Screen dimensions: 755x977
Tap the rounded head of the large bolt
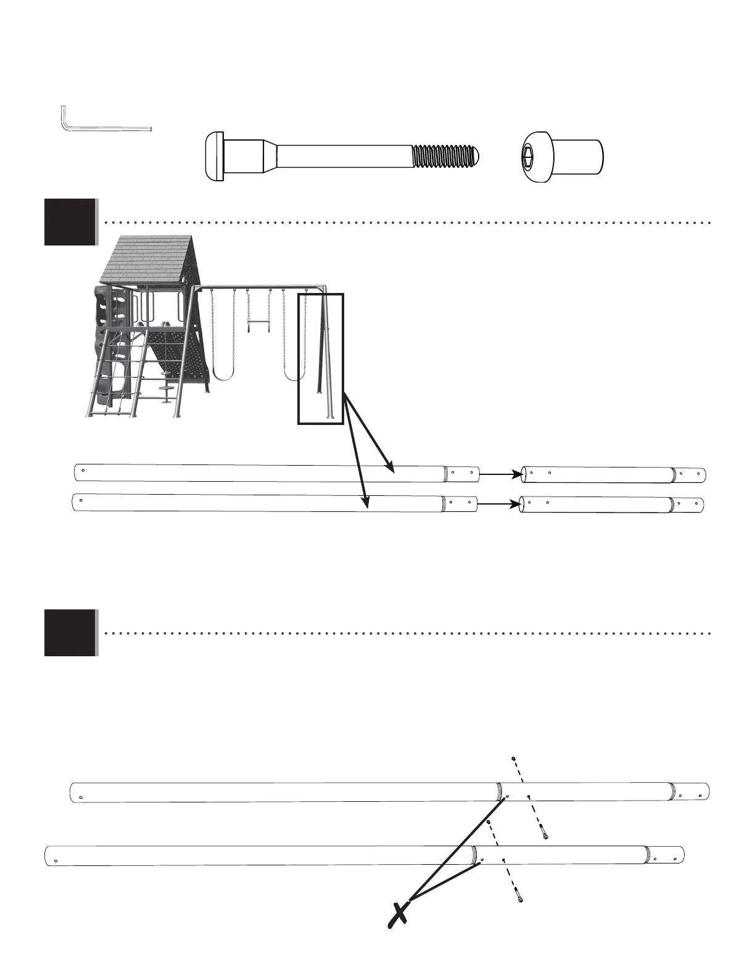tap(213, 157)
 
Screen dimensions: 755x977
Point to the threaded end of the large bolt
tap(444, 157)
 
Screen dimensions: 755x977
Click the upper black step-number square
tap(70, 222)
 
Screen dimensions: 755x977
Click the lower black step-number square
tap(70, 633)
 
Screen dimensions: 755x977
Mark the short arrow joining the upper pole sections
tap(500, 474)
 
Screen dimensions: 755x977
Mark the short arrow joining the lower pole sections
tap(498, 504)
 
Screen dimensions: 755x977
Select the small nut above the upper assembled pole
tap(513, 758)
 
